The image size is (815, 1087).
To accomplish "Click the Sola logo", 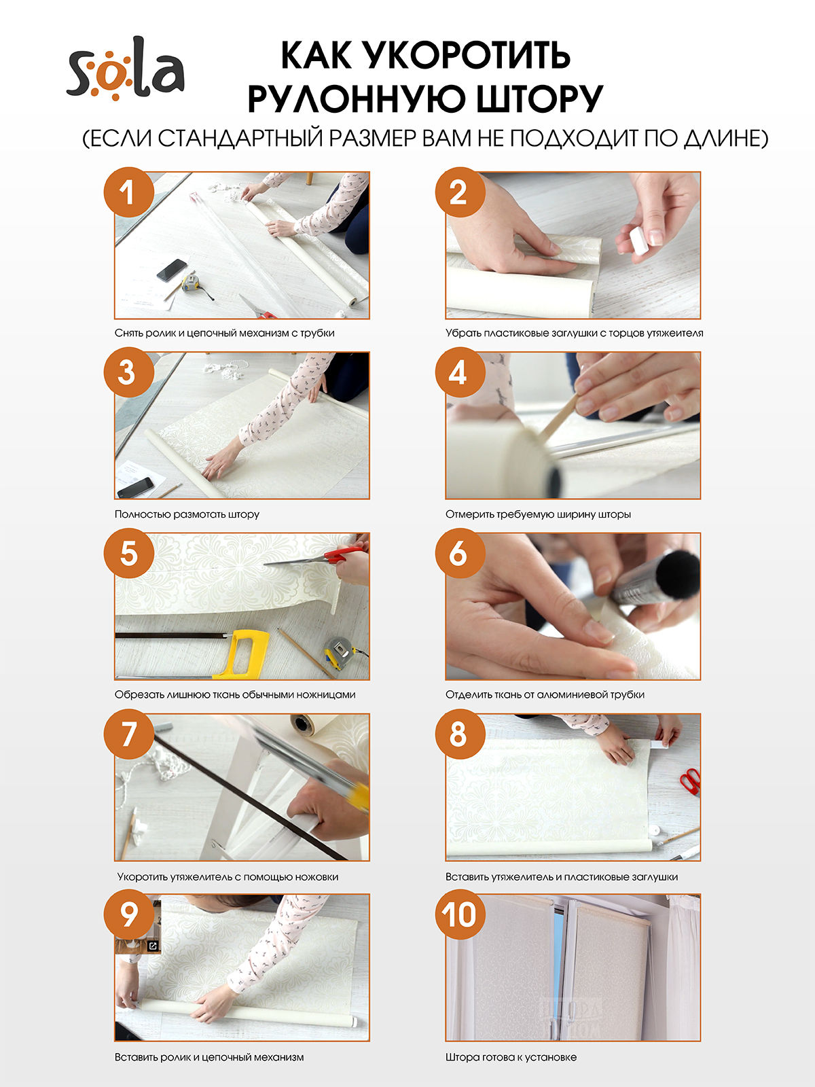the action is coord(126,69).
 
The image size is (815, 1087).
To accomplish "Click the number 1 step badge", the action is coord(128,192).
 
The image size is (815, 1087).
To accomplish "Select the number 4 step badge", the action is coord(460,372).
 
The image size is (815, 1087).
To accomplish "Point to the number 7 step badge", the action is coord(128,734).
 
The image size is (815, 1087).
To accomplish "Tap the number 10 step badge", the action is coord(460,914).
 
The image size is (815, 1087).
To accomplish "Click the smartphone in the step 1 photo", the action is coord(172,270).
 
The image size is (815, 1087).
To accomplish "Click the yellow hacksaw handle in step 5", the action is coord(242,654).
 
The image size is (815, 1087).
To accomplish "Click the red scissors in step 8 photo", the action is coord(691,781).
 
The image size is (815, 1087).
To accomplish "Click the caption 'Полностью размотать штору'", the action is coord(187,514).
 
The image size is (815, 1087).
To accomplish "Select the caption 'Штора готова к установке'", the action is coord(511,1057).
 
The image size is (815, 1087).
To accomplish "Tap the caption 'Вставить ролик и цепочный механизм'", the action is coord(209,1057).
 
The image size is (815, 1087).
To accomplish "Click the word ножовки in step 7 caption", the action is coord(316,876).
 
